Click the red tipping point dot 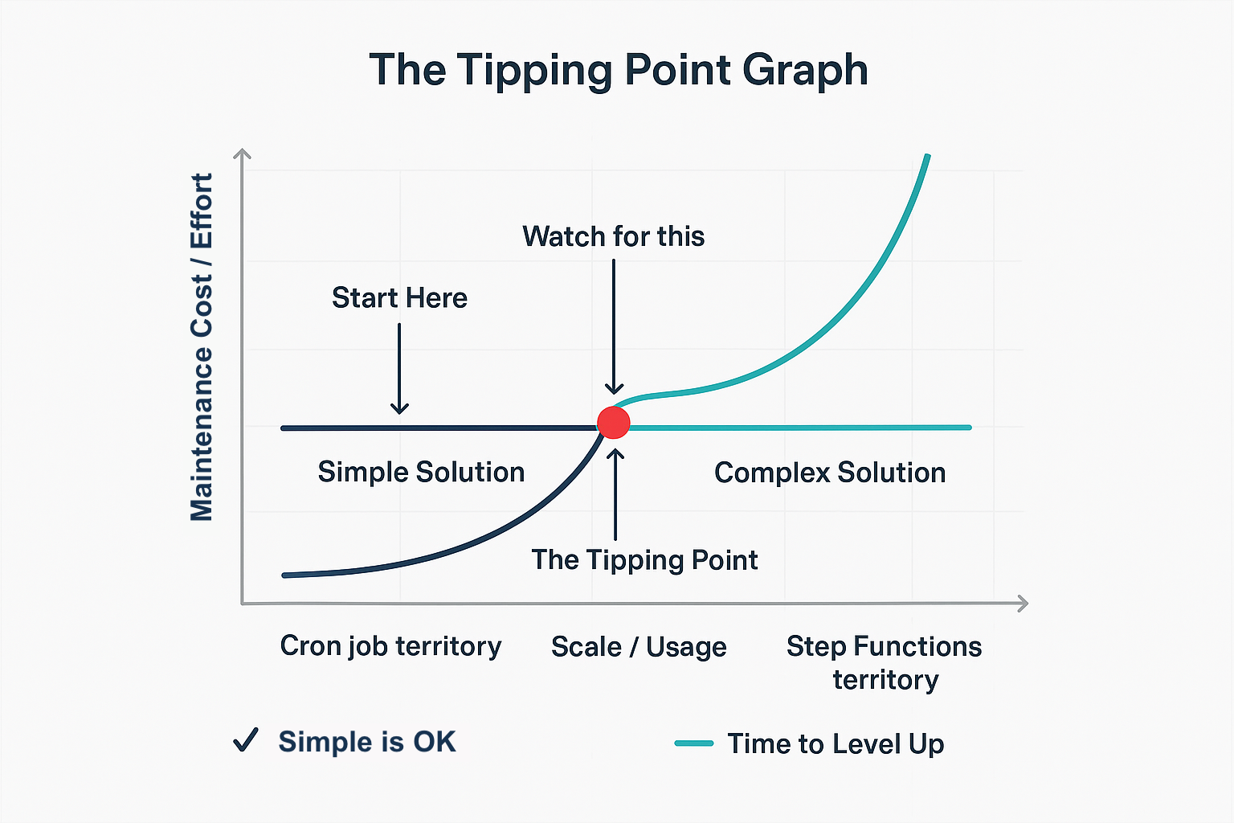pos(614,422)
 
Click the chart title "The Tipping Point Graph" pos(618,70)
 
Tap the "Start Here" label pos(399,298)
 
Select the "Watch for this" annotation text pos(613,236)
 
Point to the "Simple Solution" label pos(421,472)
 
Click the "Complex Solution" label pos(829,473)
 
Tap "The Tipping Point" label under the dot pos(644,559)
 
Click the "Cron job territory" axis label pos(390,646)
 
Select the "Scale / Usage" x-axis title pos(639,647)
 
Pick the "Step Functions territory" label pos(884,662)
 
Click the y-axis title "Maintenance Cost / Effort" pos(202,346)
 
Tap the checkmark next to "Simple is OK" pos(246,739)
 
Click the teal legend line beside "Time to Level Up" pos(694,743)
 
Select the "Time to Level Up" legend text pos(836,743)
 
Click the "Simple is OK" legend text pos(367,741)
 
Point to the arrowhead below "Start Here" pos(399,407)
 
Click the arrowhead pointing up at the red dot pos(615,454)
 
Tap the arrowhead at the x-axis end pos(1023,603)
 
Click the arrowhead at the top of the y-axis pos(242,154)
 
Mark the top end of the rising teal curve pos(928,157)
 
